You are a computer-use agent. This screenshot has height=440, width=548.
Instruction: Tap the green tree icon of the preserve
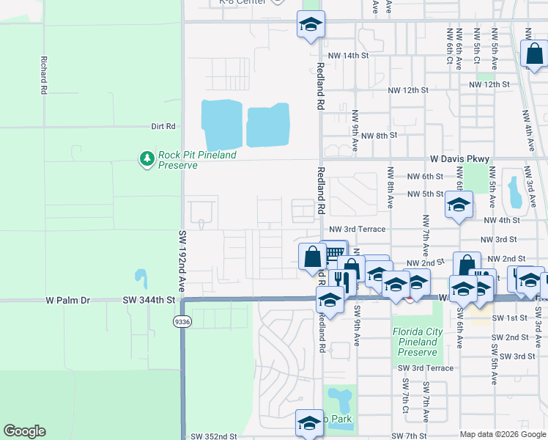(x=147, y=158)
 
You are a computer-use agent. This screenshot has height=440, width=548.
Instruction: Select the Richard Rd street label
(x=45, y=75)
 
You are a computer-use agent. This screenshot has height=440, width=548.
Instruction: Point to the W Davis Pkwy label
(x=459, y=158)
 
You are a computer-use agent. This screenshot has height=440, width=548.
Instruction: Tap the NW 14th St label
(x=347, y=56)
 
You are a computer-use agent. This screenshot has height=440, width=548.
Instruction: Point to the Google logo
(x=24, y=431)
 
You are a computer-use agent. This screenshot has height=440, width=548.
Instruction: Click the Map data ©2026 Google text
(x=503, y=434)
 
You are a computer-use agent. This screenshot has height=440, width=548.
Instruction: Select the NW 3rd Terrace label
(x=357, y=230)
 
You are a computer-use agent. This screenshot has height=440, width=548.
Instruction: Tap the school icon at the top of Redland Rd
(x=311, y=26)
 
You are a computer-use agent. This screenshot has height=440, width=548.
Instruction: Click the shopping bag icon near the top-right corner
(x=533, y=54)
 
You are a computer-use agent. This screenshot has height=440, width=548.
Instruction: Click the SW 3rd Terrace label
(x=426, y=368)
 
